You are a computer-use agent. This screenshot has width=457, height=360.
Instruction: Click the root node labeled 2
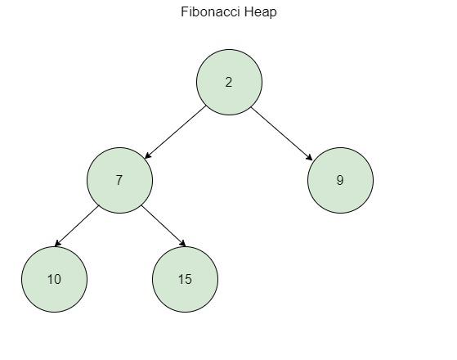229,82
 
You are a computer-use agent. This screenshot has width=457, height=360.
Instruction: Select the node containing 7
119,180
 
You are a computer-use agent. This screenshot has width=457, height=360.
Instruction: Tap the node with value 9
340,180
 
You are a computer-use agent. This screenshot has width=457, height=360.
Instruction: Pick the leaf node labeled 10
54,279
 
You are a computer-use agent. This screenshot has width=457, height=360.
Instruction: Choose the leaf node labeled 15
185,279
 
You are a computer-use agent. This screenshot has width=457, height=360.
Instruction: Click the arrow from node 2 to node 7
175,133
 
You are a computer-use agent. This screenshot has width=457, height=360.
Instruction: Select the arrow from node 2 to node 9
281,134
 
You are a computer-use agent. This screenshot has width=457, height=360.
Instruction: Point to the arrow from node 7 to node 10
77,226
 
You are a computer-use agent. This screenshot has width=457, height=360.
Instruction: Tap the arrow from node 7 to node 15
164,226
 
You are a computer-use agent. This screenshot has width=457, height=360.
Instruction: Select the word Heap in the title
261,12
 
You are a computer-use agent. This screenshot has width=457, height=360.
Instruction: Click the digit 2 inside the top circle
229,82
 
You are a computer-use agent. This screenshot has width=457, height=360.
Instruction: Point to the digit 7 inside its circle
119,180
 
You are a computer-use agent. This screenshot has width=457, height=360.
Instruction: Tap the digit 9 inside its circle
340,180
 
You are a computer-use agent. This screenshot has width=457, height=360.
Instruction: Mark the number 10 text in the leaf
54,279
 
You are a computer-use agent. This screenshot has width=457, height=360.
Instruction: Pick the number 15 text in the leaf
185,279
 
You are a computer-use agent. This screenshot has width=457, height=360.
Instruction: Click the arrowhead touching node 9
309,157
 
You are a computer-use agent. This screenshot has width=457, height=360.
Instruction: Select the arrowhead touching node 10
58,243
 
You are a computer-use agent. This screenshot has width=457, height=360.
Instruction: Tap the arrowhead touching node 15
182,243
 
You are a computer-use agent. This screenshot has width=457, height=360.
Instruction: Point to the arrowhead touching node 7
148,155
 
